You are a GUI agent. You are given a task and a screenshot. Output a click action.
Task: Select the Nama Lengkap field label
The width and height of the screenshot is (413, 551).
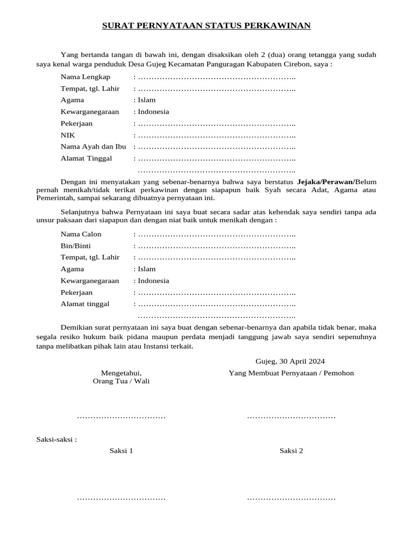(86, 76)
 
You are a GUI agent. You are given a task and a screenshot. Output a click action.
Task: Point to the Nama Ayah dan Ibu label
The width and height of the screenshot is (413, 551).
(93, 146)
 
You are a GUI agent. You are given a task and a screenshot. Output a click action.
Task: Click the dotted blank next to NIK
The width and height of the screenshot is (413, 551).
(217, 136)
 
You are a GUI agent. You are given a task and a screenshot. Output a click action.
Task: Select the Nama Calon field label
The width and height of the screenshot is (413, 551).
(81, 234)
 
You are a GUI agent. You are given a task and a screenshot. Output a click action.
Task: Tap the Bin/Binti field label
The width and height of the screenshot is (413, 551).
(76, 246)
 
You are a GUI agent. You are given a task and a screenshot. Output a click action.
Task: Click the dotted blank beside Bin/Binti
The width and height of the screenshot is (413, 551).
(217, 246)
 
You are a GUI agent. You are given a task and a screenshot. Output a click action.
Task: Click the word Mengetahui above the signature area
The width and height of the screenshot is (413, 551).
(122, 373)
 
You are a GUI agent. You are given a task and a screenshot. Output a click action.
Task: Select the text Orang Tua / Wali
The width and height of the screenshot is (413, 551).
(122, 381)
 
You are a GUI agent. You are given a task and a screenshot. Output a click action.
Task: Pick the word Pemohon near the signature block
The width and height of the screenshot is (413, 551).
(339, 373)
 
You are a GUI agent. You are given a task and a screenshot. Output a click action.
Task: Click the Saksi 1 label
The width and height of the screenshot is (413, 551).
(121, 451)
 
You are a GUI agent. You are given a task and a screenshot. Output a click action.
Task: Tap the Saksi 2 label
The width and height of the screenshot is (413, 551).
(291, 451)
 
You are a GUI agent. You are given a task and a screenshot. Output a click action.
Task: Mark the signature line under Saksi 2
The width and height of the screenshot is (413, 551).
(291, 499)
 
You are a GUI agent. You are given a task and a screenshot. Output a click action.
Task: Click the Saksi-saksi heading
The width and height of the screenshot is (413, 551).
(56, 439)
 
